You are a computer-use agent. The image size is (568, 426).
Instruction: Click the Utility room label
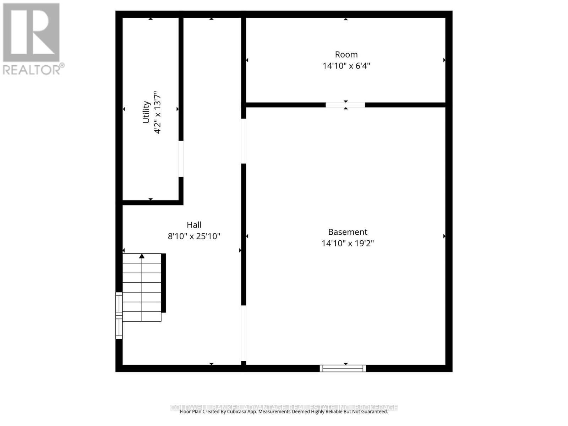[x=146, y=112]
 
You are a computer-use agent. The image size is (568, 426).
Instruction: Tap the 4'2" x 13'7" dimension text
[x=157, y=112]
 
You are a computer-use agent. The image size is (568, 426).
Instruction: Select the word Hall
[x=194, y=225]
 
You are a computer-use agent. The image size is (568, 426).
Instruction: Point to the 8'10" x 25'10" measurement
[x=194, y=236]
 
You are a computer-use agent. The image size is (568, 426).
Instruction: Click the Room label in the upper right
[x=346, y=55]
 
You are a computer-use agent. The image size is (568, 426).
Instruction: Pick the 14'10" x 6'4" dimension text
[x=346, y=66]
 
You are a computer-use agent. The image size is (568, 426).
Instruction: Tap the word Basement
[x=348, y=232]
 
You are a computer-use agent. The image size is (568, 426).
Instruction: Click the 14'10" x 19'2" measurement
[x=348, y=244]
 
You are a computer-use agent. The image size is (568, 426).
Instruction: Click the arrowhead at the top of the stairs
[x=142, y=256]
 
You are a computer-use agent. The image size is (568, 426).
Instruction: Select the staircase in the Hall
[x=142, y=288]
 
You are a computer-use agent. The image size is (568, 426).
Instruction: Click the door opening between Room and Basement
[x=345, y=105]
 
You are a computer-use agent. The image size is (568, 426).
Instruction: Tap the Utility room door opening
[x=181, y=159]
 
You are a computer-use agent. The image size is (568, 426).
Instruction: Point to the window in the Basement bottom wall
[x=343, y=368]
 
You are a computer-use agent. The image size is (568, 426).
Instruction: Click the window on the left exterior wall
[x=119, y=315]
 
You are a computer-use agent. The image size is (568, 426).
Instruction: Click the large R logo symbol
[x=31, y=33]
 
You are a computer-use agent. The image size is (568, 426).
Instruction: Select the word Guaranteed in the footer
[x=375, y=412]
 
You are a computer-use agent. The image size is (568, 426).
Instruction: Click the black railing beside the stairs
[x=164, y=283]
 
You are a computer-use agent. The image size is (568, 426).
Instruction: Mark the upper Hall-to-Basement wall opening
[x=244, y=141]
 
